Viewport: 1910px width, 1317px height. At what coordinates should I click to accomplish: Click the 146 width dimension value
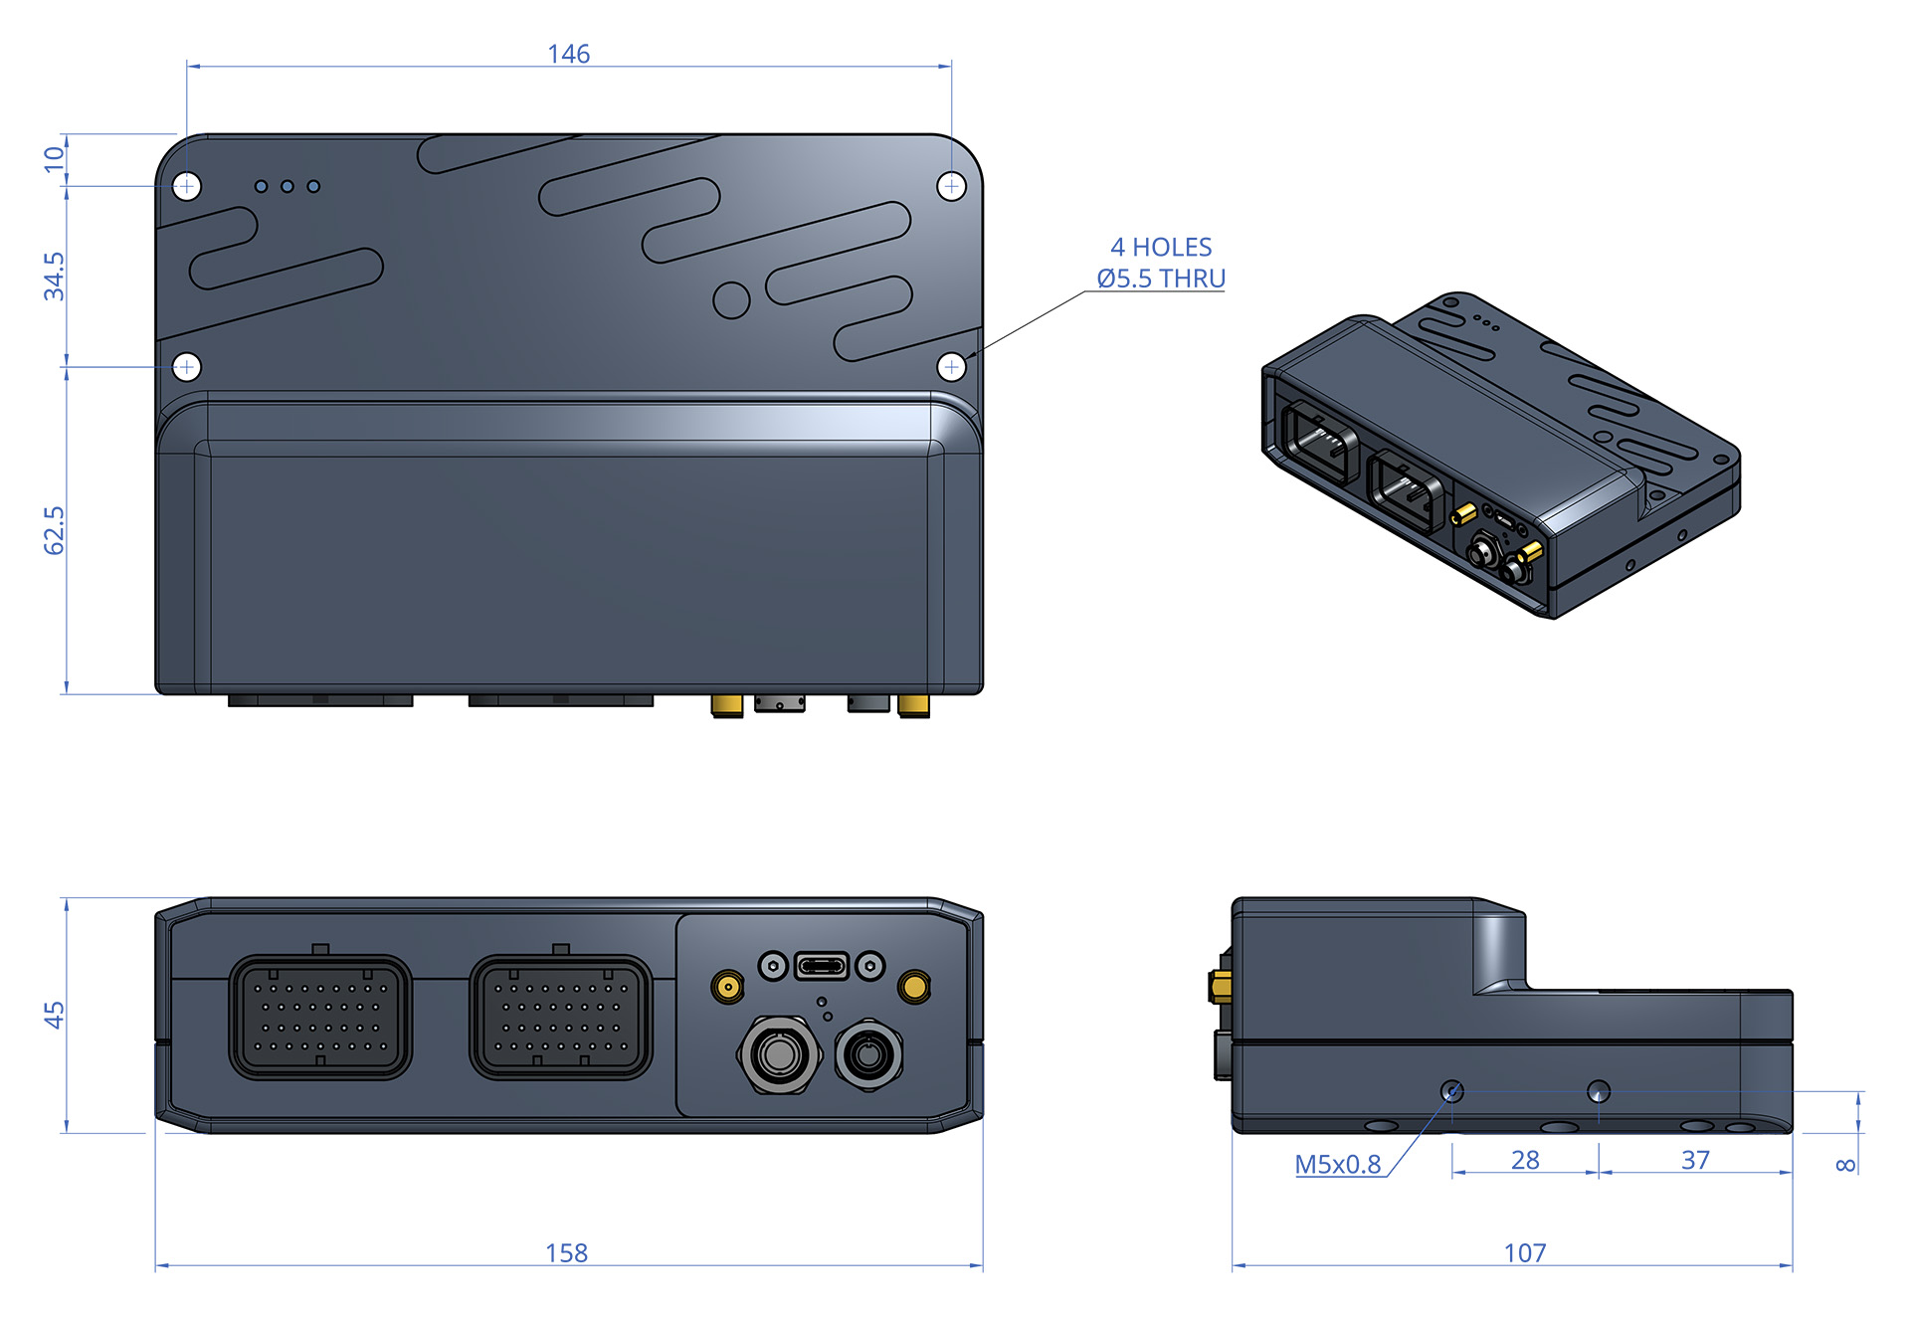(568, 54)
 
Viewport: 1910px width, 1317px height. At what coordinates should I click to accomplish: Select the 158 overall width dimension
(566, 1252)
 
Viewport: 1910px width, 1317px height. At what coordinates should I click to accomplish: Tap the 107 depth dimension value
(1524, 1252)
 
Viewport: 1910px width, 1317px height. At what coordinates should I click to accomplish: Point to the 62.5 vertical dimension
(54, 530)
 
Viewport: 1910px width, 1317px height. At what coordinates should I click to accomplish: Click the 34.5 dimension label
(54, 277)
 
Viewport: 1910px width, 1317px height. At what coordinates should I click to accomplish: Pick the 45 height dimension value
(54, 1015)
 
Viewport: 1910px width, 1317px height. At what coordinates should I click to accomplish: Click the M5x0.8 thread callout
(1337, 1164)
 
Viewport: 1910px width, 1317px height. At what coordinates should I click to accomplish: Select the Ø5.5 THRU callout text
(1160, 279)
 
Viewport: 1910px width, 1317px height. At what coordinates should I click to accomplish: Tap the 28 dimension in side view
(1524, 1160)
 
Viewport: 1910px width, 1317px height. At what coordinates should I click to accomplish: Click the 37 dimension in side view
(1695, 1160)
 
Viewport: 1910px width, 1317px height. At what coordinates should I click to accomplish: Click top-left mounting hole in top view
(187, 186)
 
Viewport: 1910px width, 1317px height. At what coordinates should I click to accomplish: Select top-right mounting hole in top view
(951, 186)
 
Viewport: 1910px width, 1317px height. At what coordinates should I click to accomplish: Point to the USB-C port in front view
(822, 966)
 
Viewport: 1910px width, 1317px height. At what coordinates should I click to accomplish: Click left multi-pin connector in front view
(320, 1017)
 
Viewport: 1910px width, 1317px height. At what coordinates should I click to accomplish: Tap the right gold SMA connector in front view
(913, 987)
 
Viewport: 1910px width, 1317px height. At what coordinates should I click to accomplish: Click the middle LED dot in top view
(287, 186)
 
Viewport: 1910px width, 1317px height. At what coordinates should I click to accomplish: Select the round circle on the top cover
(731, 299)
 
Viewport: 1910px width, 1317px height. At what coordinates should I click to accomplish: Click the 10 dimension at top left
(54, 159)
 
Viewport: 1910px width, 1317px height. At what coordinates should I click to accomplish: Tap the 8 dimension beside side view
(1845, 1164)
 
